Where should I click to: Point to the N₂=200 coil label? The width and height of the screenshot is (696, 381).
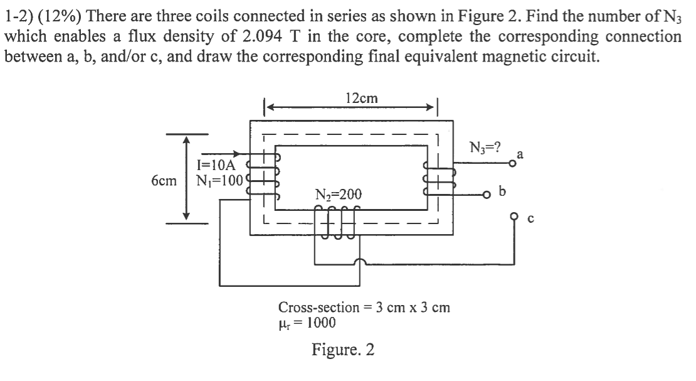pos(339,195)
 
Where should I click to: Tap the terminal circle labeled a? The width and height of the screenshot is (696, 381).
pos(512,163)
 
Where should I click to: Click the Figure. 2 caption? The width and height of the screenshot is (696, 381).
pos(343,349)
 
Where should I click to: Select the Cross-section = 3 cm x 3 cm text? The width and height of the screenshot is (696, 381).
pos(364,308)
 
